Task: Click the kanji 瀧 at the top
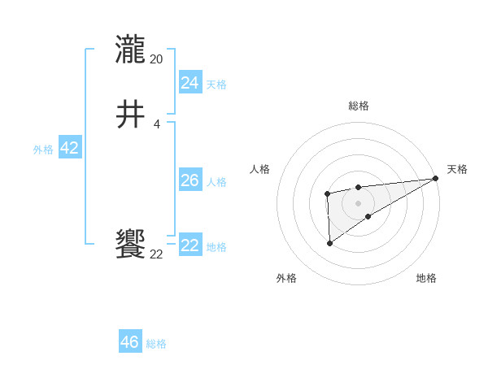(131, 50)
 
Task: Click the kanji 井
(131, 115)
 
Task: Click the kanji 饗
(131, 245)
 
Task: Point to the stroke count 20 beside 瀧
(157, 59)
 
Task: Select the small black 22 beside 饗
(157, 254)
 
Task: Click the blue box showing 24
(190, 82)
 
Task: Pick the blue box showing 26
(190, 180)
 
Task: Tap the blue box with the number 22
(190, 245)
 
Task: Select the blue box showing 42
(69, 148)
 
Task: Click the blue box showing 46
(129, 342)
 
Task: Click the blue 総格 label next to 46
(156, 344)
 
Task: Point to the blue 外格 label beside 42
(43, 150)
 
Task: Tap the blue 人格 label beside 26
(216, 182)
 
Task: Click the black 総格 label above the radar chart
(359, 106)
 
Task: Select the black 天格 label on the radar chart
(457, 169)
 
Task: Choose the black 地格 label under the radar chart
(426, 278)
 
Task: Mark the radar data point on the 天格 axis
(436, 178)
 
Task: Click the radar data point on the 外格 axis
(329, 243)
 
